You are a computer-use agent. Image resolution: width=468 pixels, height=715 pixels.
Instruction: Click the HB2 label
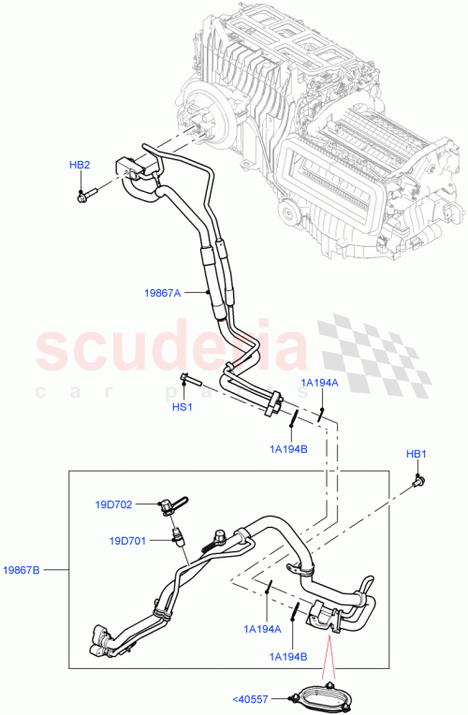coord(80,165)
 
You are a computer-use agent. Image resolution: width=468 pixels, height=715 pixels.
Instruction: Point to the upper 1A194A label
coord(319,383)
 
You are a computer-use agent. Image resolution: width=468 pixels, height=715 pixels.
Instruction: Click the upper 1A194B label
coord(287,449)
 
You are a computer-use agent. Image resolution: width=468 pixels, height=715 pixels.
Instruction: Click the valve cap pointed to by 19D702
coord(168,506)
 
